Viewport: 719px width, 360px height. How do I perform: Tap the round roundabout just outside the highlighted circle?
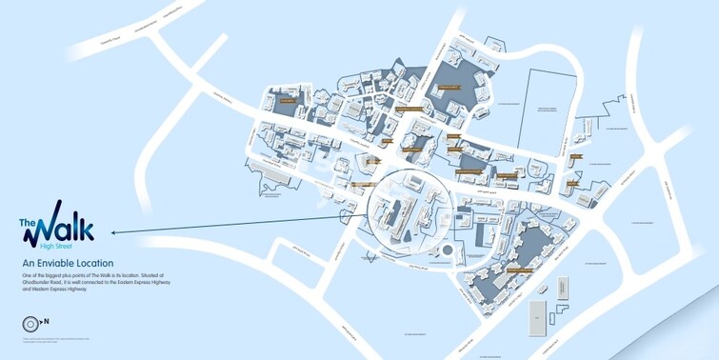click(444, 250)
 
